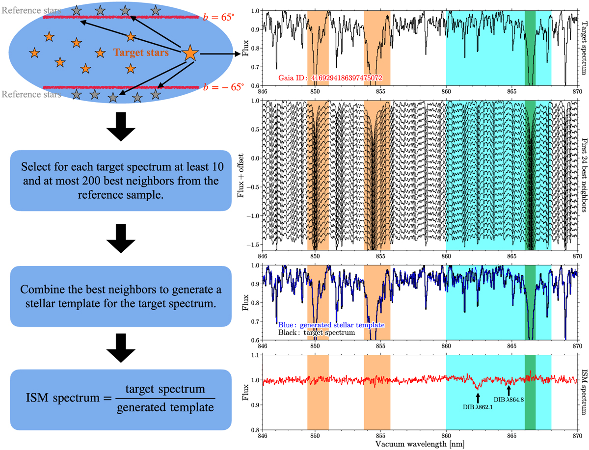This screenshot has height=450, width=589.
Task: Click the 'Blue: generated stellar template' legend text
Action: pos(330,325)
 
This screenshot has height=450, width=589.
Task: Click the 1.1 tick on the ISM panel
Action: pos(255,355)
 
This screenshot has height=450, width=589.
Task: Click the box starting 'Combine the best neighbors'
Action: pos(120,296)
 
